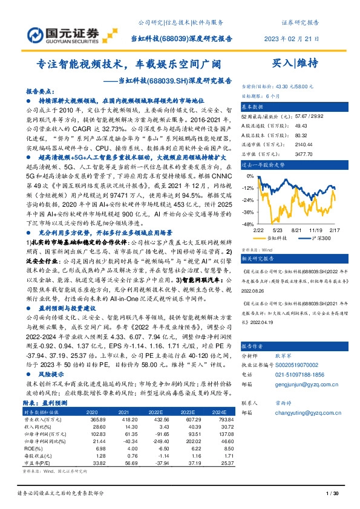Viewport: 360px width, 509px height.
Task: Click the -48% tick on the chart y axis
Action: click(x=247, y=224)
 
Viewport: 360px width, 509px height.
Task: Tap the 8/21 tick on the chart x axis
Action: click(x=296, y=230)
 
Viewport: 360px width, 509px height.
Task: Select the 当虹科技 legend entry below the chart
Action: click(x=277, y=238)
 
